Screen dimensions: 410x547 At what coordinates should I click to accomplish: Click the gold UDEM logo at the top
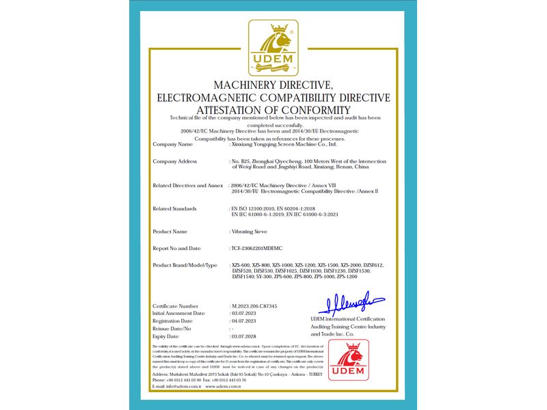pyautogui.click(x=273, y=49)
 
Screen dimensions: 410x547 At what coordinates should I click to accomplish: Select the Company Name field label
pyautogui.click(x=172, y=144)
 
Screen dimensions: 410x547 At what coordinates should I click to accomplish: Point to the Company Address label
pyautogui.click(x=175, y=161)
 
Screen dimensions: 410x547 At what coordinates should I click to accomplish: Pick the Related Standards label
pyautogui.click(x=174, y=208)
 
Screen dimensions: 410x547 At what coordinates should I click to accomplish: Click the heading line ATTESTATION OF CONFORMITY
pyautogui.click(x=273, y=110)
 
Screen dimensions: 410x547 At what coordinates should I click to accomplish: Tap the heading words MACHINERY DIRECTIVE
pyautogui.click(x=273, y=85)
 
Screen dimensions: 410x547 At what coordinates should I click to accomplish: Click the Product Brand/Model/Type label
pyautogui.click(x=185, y=265)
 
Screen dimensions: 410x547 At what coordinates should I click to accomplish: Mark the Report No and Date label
pyautogui.click(x=176, y=248)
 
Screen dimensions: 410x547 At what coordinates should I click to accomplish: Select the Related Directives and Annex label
pyautogui.click(x=189, y=185)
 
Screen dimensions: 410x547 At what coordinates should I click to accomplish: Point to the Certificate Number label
pyautogui.click(x=175, y=306)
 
